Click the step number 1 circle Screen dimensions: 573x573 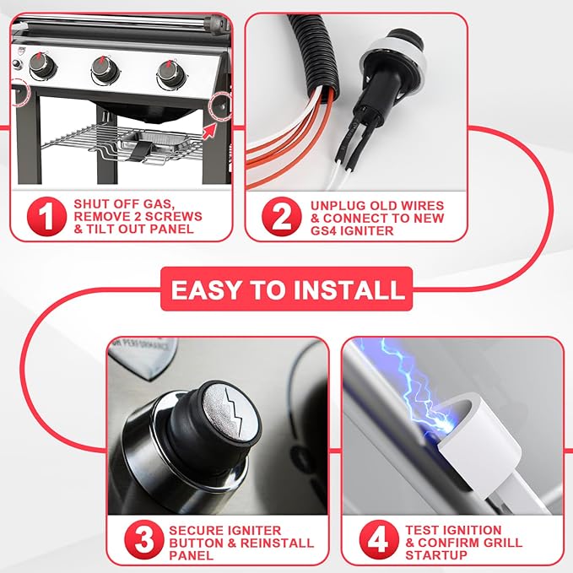46,216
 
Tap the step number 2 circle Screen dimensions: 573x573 282,216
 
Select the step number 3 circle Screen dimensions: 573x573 143,540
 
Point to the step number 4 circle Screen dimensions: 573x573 379,540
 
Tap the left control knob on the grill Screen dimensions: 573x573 43,66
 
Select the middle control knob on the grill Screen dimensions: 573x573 105,68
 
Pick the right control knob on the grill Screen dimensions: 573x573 171,73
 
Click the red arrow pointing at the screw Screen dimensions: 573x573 209,132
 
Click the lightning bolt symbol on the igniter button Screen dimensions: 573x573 235,411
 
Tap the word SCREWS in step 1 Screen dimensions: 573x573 173,216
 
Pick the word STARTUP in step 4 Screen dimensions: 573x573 436,555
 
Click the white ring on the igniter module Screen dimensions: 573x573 396,55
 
